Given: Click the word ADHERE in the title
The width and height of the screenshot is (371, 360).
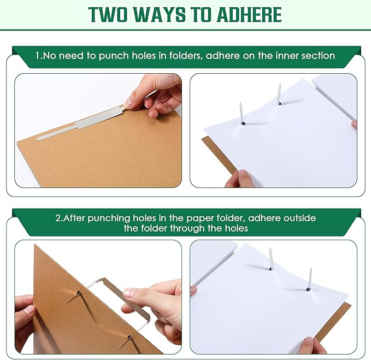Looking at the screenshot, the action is [249, 15].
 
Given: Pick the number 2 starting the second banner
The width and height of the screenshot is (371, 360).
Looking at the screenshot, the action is [58, 218].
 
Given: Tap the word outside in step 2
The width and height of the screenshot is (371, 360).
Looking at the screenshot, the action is [299, 217].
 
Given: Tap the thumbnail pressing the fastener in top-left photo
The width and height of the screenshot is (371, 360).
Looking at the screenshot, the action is [128, 103].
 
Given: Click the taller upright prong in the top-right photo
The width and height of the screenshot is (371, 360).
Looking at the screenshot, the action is [279, 94].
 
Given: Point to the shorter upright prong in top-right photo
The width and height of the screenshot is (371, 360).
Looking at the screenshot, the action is [242, 113].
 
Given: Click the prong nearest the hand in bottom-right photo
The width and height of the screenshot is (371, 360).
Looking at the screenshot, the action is [310, 279].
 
